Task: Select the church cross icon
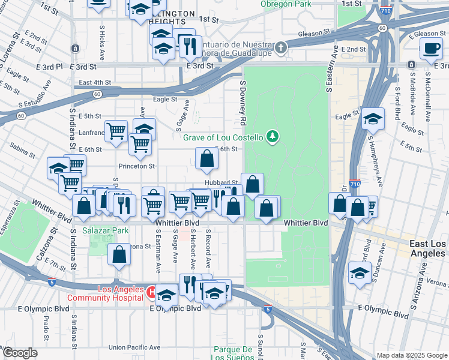point(281,48)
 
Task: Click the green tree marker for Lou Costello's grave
point(273,137)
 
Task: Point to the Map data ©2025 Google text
point(411,355)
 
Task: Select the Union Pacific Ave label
point(134,347)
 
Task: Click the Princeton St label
point(136,166)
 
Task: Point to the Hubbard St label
point(221,182)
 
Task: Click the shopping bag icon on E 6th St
point(206,160)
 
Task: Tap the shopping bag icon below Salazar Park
point(119,254)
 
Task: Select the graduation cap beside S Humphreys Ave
point(373,119)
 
